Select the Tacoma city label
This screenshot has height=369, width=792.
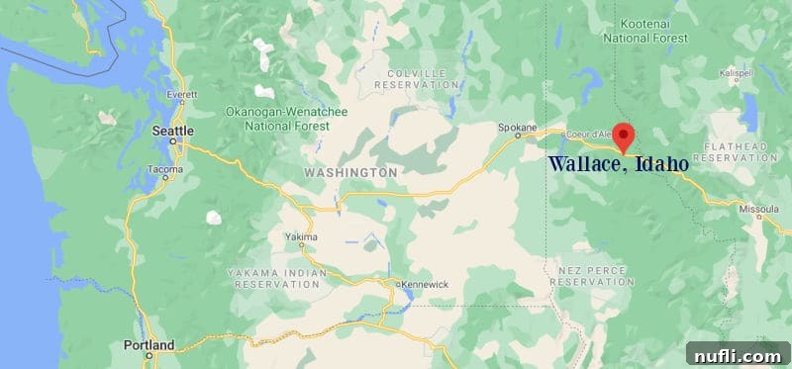[x=164, y=169]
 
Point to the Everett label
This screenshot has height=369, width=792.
[x=182, y=95]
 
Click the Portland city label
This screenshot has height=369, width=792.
[x=150, y=345]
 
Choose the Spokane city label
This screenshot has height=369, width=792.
[x=516, y=128]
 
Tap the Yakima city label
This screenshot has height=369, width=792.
[x=302, y=237]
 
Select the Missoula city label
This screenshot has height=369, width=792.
[x=760, y=209]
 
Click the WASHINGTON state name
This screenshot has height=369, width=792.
[x=350, y=172]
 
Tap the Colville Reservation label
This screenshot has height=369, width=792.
[x=418, y=79]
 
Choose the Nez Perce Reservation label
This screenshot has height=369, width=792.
[x=591, y=275]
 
